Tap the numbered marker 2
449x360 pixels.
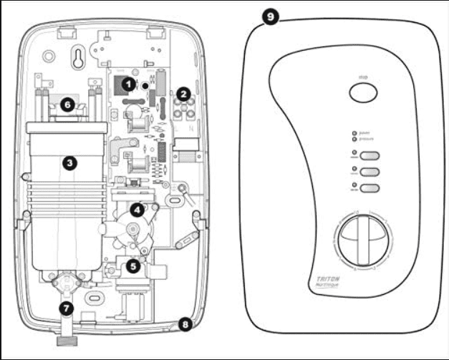click(x=183, y=93)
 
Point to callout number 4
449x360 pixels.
click(x=136, y=209)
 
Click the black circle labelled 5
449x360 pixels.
click(x=132, y=264)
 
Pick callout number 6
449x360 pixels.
click(x=67, y=104)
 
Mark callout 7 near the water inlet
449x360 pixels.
click(x=67, y=308)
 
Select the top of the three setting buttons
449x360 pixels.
click(x=369, y=157)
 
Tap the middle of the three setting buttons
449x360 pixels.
click(x=369, y=172)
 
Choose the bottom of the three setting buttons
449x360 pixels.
click(x=369, y=188)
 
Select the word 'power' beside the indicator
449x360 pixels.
click(x=365, y=133)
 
